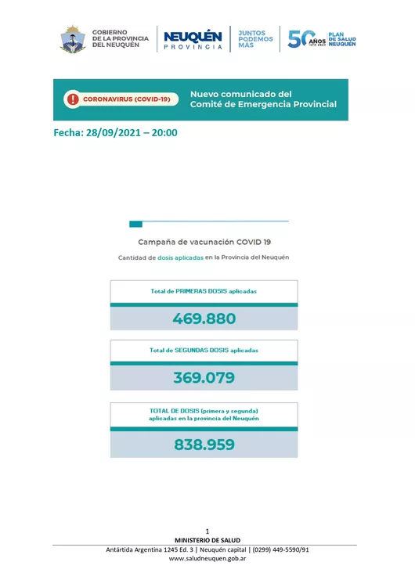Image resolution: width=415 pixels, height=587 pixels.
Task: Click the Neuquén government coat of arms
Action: pyautogui.click(x=73, y=39)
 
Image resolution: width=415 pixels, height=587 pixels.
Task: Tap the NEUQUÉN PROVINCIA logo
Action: pyautogui.click(x=193, y=39)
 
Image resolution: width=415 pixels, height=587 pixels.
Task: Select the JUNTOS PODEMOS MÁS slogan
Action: pyautogui.click(x=255, y=39)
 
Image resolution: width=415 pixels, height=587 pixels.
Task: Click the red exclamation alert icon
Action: pyautogui.click(x=73, y=99)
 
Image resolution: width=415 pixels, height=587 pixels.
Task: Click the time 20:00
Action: pyautogui.click(x=164, y=132)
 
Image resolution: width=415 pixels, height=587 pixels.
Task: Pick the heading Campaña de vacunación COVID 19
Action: pyautogui.click(x=204, y=242)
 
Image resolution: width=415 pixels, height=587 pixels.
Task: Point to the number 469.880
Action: pyautogui.click(x=204, y=319)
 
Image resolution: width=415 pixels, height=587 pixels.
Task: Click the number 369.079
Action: pyautogui.click(x=204, y=378)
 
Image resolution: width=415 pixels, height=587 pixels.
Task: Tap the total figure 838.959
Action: pyautogui.click(x=204, y=445)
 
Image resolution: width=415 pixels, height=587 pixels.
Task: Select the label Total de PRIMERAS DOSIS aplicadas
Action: pyautogui.click(x=204, y=291)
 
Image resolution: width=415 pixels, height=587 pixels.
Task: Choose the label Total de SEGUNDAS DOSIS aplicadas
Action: pyautogui.click(x=204, y=350)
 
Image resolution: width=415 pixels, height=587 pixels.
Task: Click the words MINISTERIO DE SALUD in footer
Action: pyautogui.click(x=207, y=540)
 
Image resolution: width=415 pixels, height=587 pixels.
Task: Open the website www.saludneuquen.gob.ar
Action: pyautogui.click(x=207, y=559)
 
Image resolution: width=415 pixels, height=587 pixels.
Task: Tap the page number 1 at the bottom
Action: pyautogui.click(x=207, y=531)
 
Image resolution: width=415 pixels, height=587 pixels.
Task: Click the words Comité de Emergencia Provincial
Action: pyautogui.click(x=263, y=104)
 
